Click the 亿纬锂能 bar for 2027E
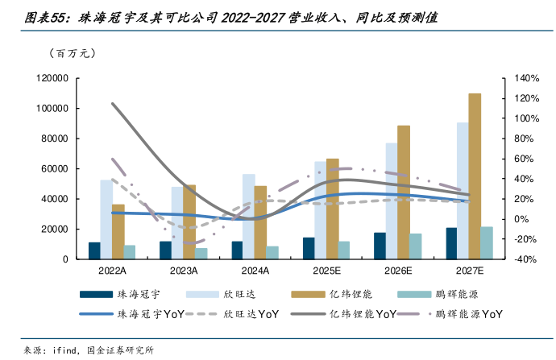475,176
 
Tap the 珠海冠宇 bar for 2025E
309,248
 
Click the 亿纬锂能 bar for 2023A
189,221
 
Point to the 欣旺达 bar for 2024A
248,217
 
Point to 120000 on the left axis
50,78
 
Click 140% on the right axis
525,78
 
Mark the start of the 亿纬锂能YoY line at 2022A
112,104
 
